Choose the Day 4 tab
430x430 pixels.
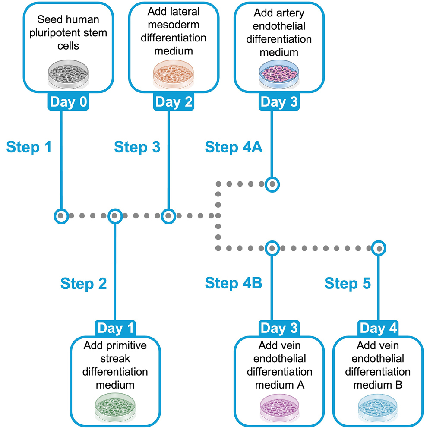(x=378, y=328)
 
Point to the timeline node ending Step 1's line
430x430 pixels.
(x=61, y=215)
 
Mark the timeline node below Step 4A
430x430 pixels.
(x=272, y=184)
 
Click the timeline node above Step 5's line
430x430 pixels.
(x=379, y=248)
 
